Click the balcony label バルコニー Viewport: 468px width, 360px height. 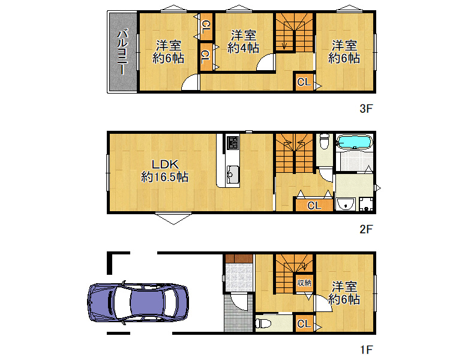click(x=122, y=52)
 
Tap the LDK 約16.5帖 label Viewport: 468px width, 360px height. click(x=164, y=171)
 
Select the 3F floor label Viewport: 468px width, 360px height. click(x=366, y=109)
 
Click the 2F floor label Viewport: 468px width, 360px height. click(x=366, y=229)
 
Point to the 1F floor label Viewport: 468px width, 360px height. click(x=366, y=350)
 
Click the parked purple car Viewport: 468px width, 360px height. click(x=138, y=302)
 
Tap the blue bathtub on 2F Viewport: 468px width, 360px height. click(x=354, y=142)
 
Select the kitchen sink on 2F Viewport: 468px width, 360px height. click(x=233, y=174)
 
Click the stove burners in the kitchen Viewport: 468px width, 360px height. click(x=233, y=143)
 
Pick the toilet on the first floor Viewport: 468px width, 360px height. click(x=263, y=323)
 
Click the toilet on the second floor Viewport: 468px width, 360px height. click(x=325, y=141)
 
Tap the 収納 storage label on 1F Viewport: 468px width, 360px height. click(x=304, y=283)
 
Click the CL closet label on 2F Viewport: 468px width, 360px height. click(x=314, y=205)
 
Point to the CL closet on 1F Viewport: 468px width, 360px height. click(x=304, y=323)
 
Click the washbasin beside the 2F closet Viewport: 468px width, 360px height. click(x=346, y=204)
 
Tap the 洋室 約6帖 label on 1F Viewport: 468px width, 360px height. click(x=344, y=293)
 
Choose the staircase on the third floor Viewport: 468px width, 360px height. click(x=294, y=32)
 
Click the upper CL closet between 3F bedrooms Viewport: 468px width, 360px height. click(x=206, y=26)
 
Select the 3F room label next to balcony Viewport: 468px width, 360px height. click(x=168, y=52)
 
